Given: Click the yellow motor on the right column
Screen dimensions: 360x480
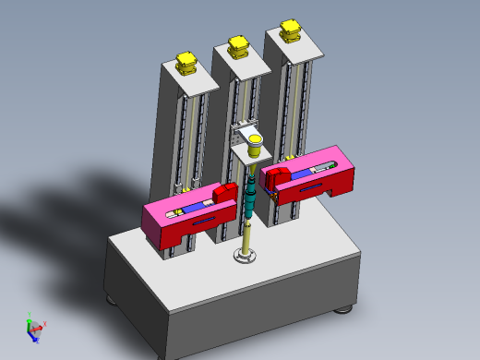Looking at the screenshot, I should click(x=292, y=30).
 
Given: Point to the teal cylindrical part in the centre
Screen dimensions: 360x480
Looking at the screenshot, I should click(x=251, y=198).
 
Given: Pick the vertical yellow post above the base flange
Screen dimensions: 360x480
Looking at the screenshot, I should click(x=247, y=236).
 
